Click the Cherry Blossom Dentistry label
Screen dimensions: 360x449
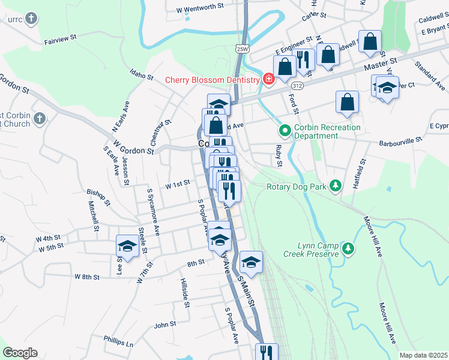coord(212,80)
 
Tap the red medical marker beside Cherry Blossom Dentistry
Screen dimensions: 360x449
coord(268,79)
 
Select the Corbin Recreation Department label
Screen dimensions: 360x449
coord(327,131)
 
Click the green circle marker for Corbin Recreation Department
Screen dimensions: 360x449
coord(285,130)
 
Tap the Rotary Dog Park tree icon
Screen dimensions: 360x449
coord(336,186)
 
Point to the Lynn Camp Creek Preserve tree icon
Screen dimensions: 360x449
coord(348,248)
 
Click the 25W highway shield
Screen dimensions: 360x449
coord(242,49)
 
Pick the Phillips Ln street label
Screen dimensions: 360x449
coord(118,341)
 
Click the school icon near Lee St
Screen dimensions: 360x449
coord(127,245)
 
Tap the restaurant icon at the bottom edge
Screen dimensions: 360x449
coord(267,353)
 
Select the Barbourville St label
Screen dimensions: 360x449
coord(400,144)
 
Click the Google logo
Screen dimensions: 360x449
coord(20,353)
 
